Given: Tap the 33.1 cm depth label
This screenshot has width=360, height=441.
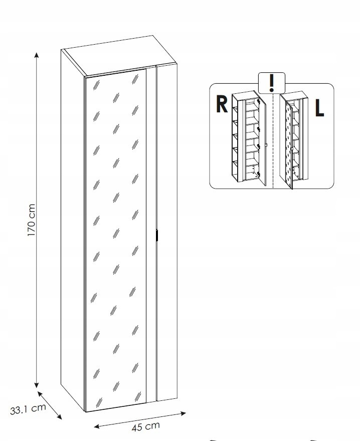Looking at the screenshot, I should tap(28, 408).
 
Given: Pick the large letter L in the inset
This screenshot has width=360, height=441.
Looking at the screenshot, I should tap(319, 108).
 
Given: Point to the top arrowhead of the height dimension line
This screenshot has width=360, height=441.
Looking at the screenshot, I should tap(37, 54).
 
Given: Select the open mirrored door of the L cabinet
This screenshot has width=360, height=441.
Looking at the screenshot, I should tap(287, 140).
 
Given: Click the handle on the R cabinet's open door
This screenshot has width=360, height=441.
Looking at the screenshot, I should tap(266, 145).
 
